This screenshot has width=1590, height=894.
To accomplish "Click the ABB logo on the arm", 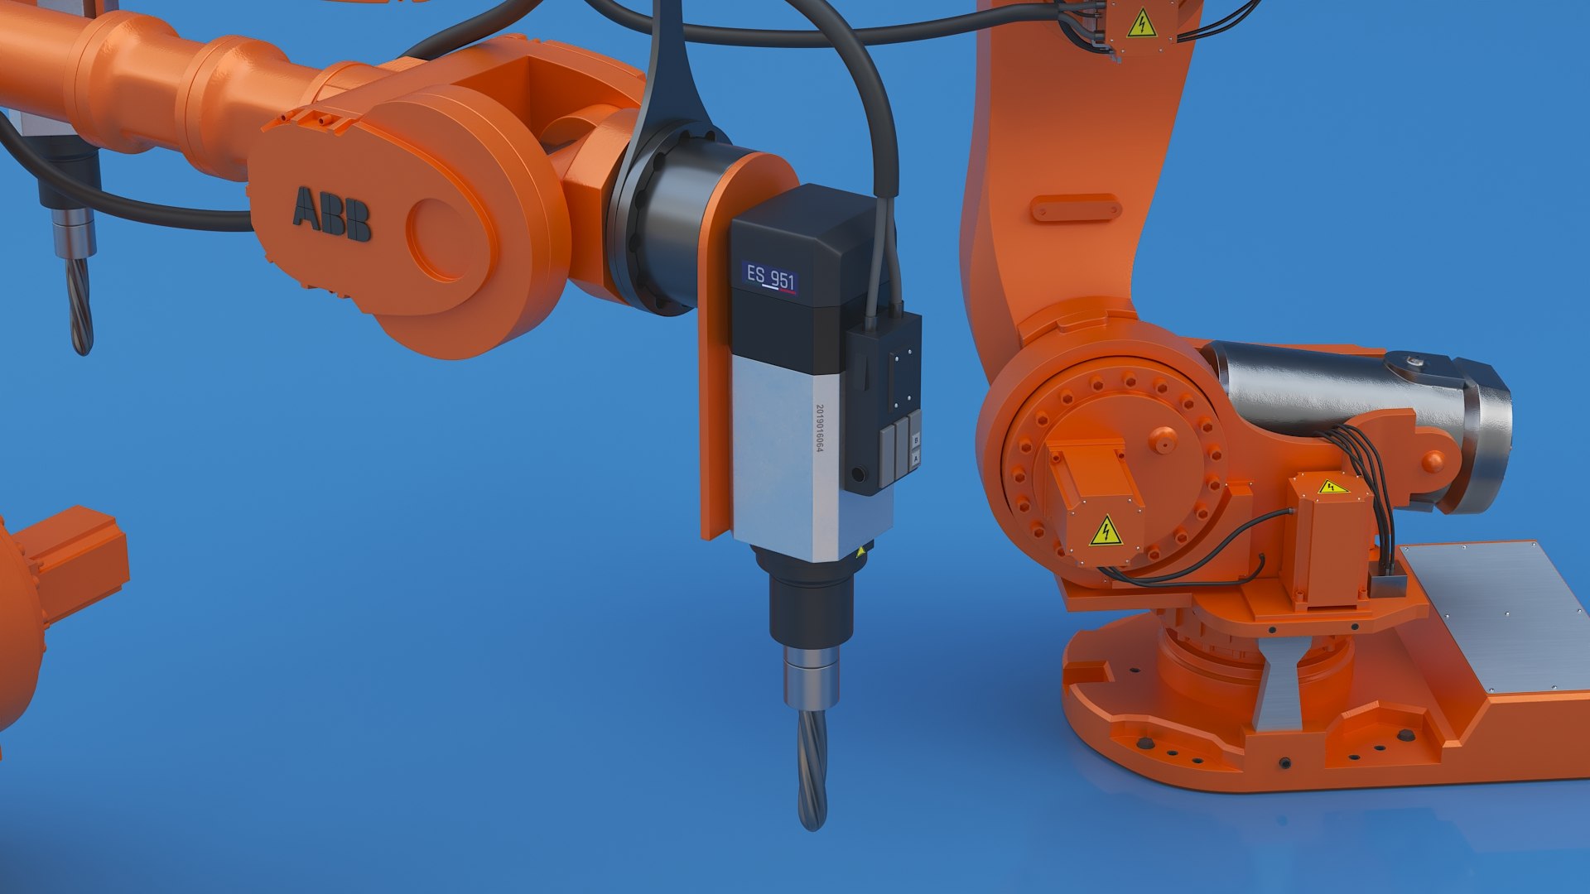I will (331, 214).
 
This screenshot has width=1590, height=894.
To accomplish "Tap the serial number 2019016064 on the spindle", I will (820, 428).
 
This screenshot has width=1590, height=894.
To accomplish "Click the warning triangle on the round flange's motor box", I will (1106, 531).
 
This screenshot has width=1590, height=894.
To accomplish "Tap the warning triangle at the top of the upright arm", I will (1141, 23).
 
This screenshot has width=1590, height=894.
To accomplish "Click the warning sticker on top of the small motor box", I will (1332, 487).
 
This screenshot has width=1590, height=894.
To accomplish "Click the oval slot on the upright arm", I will (1076, 207).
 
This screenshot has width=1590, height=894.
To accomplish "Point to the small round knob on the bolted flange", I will (1163, 440).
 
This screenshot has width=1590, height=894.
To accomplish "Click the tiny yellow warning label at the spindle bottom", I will (860, 550).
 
